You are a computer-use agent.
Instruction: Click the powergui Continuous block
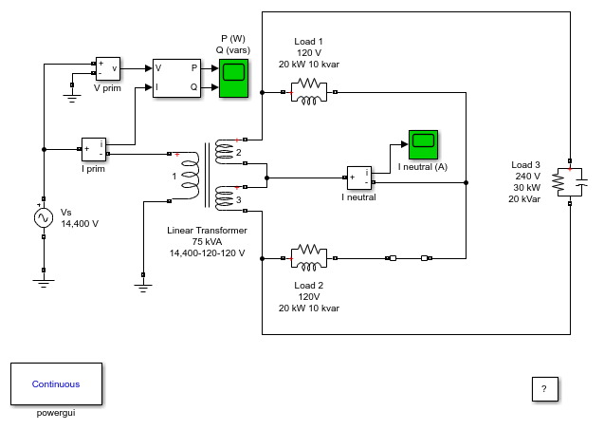(x=56, y=383)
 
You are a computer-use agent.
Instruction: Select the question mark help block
(x=544, y=389)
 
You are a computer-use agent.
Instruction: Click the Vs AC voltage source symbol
(x=44, y=218)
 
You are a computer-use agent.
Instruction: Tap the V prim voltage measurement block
(x=108, y=68)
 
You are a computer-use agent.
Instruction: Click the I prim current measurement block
(x=94, y=149)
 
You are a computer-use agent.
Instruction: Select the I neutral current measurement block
(x=359, y=178)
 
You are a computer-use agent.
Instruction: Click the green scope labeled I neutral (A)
(x=423, y=144)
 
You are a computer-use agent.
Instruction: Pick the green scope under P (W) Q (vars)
(x=233, y=78)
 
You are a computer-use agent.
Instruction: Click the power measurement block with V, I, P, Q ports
(x=176, y=78)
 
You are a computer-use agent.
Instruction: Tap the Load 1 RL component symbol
(x=309, y=92)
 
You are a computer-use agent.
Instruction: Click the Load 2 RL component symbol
(x=309, y=258)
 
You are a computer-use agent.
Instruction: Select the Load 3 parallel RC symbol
(x=571, y=182)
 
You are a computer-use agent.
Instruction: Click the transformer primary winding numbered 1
(x=191, y=176)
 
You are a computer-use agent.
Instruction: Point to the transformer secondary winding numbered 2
(x=225, y=151)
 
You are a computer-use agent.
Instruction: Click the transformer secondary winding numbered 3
(x=225, y=198)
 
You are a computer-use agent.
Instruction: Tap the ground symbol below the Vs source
(x=44, y=284)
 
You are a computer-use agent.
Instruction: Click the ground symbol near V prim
(x=72, y=98)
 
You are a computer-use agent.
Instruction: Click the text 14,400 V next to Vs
(x=80, y=224)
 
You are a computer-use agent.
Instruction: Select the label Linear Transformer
(x=207, y=231)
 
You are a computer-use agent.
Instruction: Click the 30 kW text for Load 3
(x=526, y=187)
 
